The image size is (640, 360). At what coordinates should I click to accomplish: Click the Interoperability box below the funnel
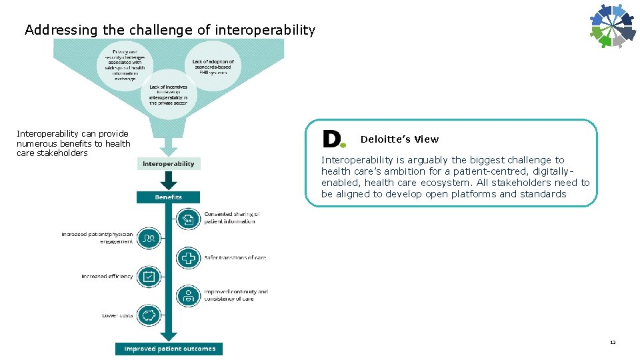[x=169, y=163]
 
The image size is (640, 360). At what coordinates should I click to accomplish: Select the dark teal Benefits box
[x=169, y=197]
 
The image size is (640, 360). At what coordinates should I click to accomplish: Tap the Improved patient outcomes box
[x=169, y=349]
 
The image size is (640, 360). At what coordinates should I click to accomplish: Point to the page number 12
[x=612, y=343]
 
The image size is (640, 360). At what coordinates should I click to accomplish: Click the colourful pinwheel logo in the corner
[x=611, y=26]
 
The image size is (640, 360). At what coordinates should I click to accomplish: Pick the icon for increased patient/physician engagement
[x=150, y=237]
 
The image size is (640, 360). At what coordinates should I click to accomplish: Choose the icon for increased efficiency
[x=150, y=276]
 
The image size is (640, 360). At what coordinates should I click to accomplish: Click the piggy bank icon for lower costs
[x=150, y=315]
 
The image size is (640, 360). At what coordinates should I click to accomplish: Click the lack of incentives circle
[x=168, y=95]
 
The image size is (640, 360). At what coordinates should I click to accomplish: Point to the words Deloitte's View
[x=399, y=139]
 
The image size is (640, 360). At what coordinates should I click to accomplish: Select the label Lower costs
[x=117, y=315]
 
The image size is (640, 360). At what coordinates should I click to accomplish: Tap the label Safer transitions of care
[x=235, y=257]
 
